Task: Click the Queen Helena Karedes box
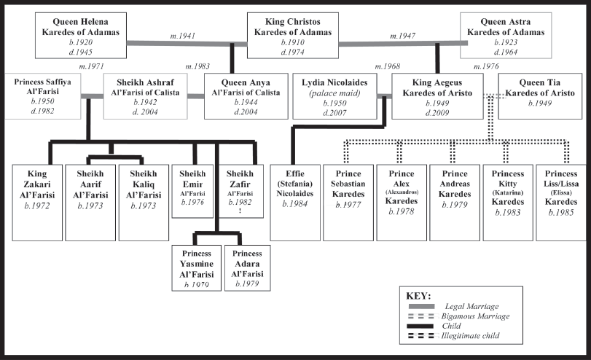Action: [81, 36]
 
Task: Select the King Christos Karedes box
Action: [293, 36]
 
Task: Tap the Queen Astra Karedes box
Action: [506, 36]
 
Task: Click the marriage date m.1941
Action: [183, 36]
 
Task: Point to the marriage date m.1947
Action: [402, 36]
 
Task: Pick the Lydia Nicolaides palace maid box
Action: [334, 96]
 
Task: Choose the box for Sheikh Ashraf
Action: [146, 96]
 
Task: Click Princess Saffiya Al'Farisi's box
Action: [42, 96]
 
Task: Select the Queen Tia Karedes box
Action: [540, 96]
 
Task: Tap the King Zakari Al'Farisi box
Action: [37, 203]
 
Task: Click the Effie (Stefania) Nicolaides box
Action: [295, 203]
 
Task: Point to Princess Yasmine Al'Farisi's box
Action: [196, 268]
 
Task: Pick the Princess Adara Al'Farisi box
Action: [247, 268]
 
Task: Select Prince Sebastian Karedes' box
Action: [348, 203]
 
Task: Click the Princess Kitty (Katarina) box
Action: [508, 203]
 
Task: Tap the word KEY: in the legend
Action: [418, 296]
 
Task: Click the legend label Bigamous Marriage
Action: [475, 316]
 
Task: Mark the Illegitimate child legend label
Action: [470, 335]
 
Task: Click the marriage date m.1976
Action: [486, 66]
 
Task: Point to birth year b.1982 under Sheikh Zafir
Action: [240, 202]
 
